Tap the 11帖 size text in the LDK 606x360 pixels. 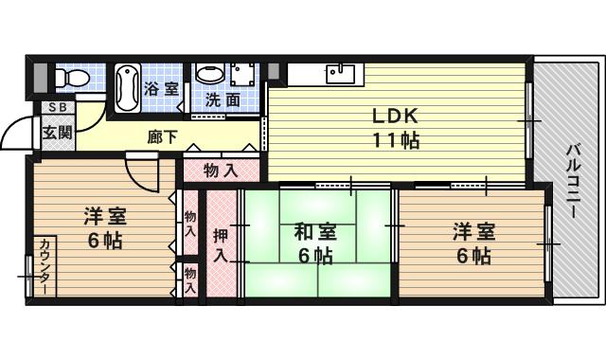396,140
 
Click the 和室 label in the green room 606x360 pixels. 315,231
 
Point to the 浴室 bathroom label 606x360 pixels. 161,89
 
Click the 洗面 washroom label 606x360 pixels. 225,98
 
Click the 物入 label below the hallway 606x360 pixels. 220,171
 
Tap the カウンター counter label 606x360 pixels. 45,267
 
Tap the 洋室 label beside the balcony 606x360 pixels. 471,231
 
